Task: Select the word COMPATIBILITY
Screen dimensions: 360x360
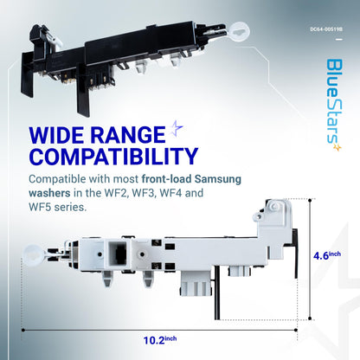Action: coord(113,157)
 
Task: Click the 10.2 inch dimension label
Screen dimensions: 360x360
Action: coord(160,340)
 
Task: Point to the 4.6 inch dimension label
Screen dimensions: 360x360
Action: coord(327,255)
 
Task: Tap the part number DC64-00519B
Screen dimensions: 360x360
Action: coord(326,29)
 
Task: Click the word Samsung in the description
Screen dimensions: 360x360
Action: coord(217,179)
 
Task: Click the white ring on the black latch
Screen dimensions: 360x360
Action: coord(239,31)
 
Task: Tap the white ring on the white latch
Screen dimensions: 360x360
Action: coord(34,254)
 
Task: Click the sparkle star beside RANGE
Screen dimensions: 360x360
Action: coord(176,129)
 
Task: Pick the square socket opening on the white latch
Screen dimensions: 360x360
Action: coord(118,253)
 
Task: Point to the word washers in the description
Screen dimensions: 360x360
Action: coord(49,193)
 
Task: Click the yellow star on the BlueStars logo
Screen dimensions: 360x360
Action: coord(337,147)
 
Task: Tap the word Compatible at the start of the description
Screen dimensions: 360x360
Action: coord(57,179)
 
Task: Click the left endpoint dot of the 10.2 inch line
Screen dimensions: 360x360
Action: coord(22,330)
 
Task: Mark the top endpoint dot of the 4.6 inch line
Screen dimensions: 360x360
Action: coord(310,200)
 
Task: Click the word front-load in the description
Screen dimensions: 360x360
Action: coord(166,179)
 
